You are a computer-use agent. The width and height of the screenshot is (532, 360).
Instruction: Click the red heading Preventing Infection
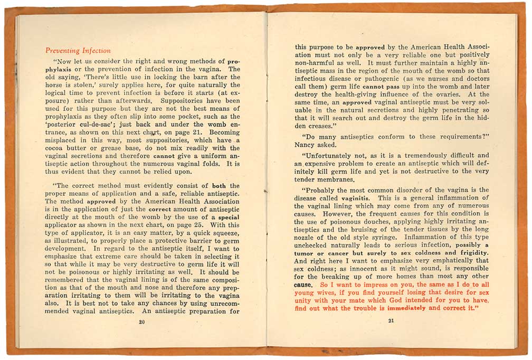(78, 51)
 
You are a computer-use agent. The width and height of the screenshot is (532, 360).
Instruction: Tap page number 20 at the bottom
(141, 322)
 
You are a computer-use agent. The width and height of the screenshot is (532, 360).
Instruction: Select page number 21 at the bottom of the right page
(391, 321)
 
